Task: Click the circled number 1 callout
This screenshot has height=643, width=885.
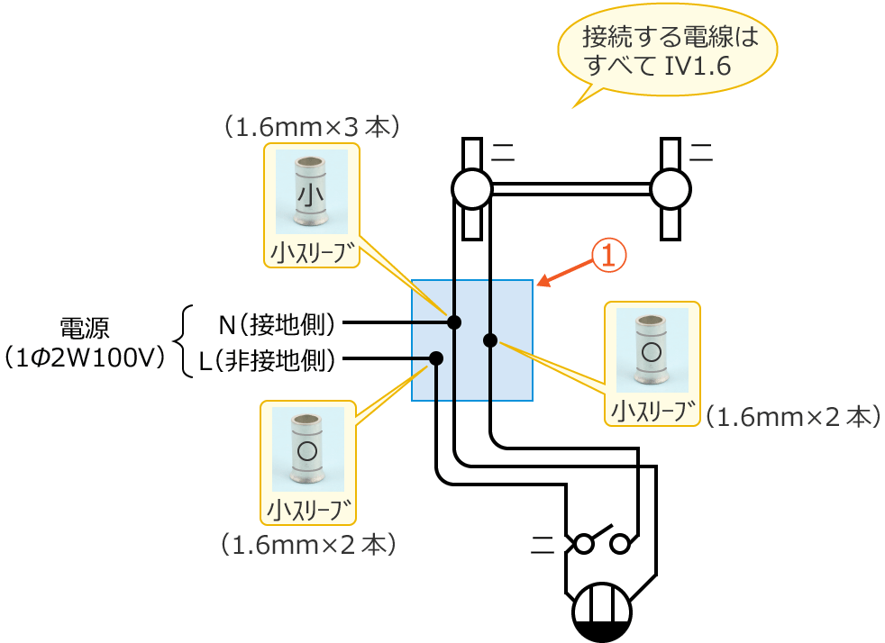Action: pyautogui.click(x=608, y=256)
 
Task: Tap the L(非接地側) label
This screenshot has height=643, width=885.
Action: pyautogui.click(x=267, y=361)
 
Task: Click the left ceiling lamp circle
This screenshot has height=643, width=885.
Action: pyautogui.click(x=471, y=189)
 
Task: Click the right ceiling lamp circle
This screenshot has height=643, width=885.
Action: pyautogui.click(x=670, y=189)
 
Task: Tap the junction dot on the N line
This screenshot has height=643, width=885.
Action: pyautogui.click(x=454, y=321)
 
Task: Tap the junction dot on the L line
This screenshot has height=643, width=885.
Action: pyautogui.click(x=436, y=358)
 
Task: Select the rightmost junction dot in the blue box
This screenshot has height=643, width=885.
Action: pyautogui.click(x=490, y=340)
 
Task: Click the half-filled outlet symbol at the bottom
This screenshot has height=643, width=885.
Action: pyautogui.click(x=602, y=613)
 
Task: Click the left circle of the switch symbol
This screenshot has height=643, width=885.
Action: pyautogui.click(x=584, y=544)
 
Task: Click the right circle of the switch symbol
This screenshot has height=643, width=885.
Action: pyautogui.click(x=620, y=544)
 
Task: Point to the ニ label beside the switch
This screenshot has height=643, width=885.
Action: pyautogui.click(x=543, y=543)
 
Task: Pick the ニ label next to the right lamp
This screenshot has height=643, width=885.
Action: pyautogui.click(x=701, y=152)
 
